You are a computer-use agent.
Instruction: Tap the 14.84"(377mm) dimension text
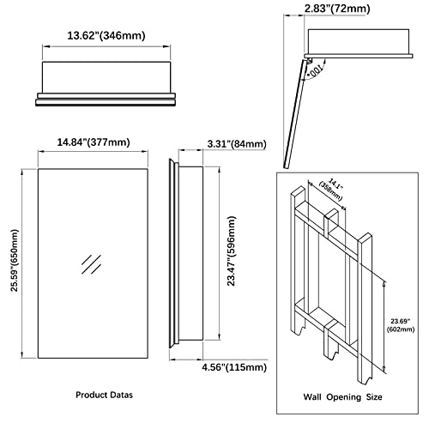tap(93, 142)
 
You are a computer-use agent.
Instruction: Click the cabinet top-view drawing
tap(106, 82)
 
